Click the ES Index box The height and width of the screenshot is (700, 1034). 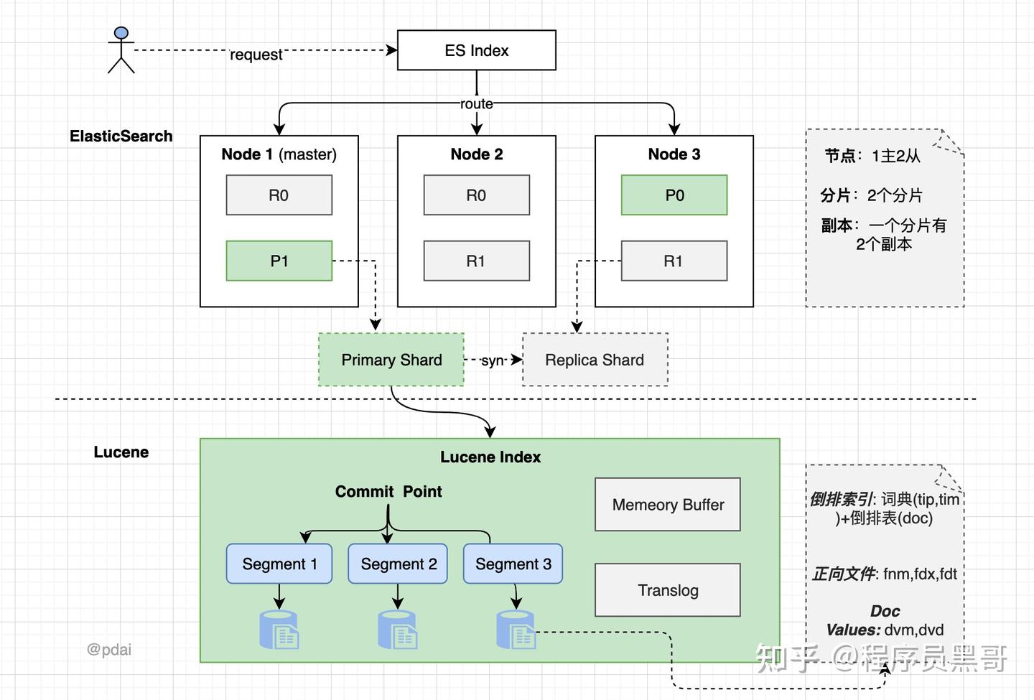[x=476, y=50]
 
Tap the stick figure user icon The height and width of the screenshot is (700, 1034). [x=121, y=50]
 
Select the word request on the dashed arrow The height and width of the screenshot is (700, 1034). [x=256, y=55]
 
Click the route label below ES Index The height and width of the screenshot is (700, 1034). [x=477, y=104]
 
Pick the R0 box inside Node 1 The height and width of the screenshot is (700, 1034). [x=279, y=195]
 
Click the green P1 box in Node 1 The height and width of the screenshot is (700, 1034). [x=279, y=261]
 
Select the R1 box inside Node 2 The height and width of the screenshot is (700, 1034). [x=476, y=261]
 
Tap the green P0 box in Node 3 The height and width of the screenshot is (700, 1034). [x=674, y=195]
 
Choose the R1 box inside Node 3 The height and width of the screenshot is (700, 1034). [x=674, y=261]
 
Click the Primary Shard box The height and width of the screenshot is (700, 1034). [x=391, y=360]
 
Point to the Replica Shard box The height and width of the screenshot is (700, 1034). [x=595, y=360]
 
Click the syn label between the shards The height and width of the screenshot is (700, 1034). [x=493, y=360]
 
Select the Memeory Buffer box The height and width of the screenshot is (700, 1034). [x=668, y=505]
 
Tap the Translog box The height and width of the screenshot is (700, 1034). [x=668, y=590]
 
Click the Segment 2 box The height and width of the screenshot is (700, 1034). [x=399, y=564]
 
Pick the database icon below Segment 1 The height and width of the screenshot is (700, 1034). [x=279, y=630]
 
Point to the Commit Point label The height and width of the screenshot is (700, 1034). [x=388, y=492]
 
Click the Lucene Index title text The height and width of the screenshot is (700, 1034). [x=490, y=457]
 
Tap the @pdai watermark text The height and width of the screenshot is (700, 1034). [x=109, y=650]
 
